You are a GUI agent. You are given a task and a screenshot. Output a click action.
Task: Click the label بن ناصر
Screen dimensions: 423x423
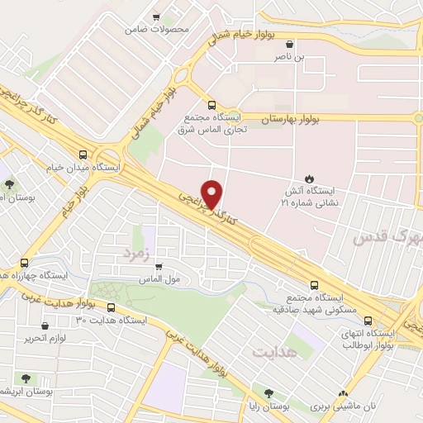(290, 58)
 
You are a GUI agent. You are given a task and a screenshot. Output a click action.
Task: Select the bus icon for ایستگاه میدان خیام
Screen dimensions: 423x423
(82, 154)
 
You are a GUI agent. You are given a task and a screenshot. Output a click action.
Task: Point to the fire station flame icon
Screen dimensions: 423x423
(309, 178)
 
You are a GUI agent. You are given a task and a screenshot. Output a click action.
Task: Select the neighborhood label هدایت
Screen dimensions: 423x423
(273, 352)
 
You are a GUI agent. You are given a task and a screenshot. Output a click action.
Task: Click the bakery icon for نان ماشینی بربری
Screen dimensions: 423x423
(345, 394)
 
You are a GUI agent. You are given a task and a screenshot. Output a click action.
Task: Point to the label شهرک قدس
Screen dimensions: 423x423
(388, 238)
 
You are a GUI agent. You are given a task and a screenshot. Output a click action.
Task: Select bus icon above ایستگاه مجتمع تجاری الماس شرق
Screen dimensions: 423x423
(211, 106)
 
